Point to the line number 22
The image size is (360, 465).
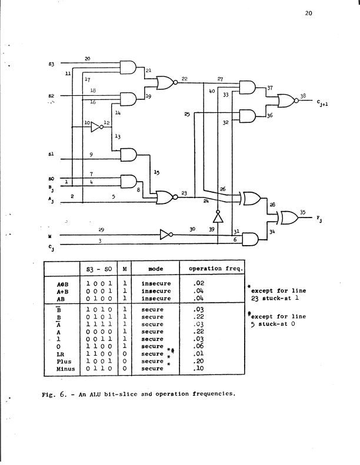coord(185,79)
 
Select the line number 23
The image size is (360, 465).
coord(184,193)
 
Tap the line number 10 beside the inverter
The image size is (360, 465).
coord(86,123)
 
